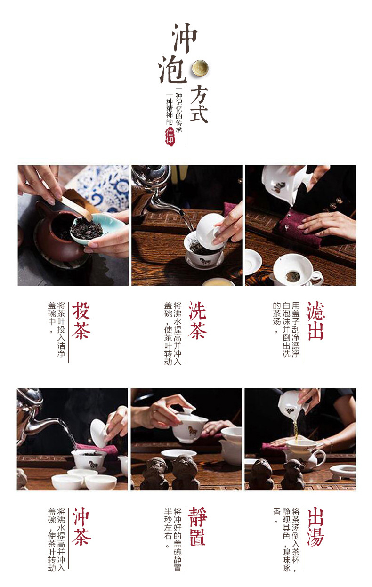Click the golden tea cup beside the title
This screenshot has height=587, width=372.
click(x=200, y=68)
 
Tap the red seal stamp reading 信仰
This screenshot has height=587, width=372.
click(x=170, y=136)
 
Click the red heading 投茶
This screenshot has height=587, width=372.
click(x=81, y=321)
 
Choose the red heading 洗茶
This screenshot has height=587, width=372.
click(x=198, y=321)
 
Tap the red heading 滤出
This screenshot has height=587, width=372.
click(x=315, y=321)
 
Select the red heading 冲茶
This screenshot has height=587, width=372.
click(x=81, y=527)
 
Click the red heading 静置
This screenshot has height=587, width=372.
click(x=198, y=527)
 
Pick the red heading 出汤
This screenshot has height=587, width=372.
click(x=315, y=527)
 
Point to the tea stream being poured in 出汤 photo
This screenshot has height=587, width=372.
click(x=296, y=431)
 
